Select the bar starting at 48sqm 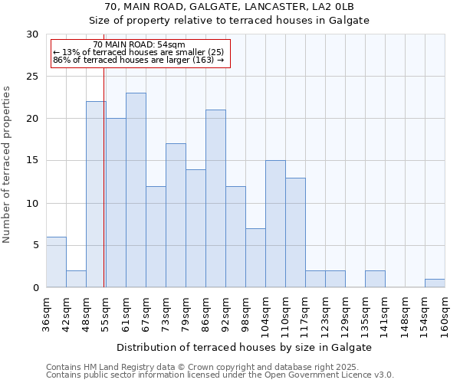(96, 195)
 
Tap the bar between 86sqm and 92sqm (215, 198)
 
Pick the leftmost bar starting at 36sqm (56, 262)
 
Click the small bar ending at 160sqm (435, 283)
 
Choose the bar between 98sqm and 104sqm (255, 257)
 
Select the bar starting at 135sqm (375, 279)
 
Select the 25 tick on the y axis (32, 77)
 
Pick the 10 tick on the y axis (32, 203)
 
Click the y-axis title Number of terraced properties (8, 165)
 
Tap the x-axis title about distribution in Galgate (245, 347)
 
